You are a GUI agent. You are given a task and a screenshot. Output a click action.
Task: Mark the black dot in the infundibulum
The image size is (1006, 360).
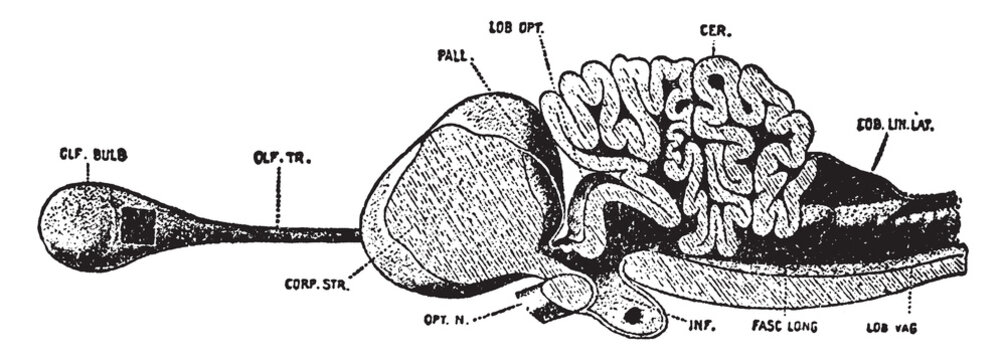click(632, 318)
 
